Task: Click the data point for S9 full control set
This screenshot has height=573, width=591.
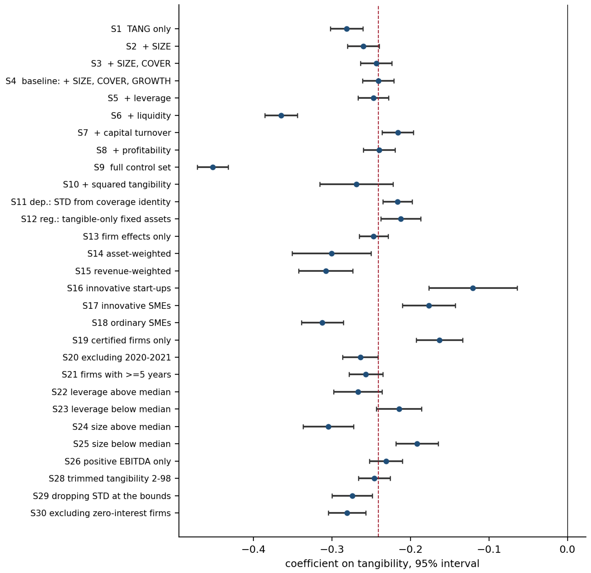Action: (213, 167)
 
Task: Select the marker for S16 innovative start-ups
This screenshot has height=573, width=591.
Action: (473, 288)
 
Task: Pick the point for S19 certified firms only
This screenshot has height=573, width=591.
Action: (440, 340)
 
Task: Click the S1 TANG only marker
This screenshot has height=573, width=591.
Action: (347, 29)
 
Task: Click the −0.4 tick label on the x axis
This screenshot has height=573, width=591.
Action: (253, 549)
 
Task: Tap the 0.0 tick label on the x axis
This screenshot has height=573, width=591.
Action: (567, 549)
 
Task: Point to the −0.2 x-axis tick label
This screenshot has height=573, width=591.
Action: (410, 549)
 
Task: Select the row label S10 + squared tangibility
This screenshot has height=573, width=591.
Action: (117, 185)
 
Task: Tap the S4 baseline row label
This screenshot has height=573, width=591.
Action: (88, 81)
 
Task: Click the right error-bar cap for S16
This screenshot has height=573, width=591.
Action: (518, 288)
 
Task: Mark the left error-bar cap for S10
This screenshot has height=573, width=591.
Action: (320, 185)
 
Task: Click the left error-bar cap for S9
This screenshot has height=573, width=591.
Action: (198, 167)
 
